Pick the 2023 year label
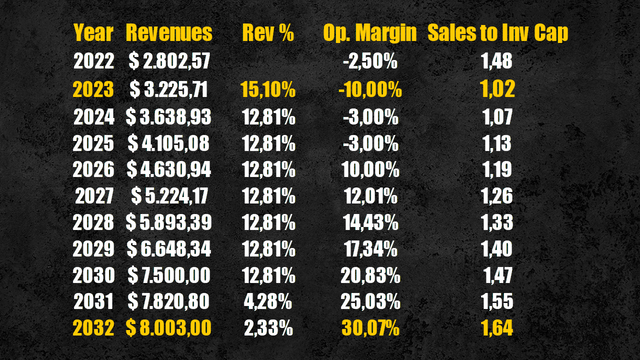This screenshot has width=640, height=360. point(94,90)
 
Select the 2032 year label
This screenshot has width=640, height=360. point(94,327)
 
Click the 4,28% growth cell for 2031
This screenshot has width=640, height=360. point(268,300)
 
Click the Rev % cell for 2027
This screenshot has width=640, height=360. point(268,195)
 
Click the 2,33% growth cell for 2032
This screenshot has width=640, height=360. point(268,327)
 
